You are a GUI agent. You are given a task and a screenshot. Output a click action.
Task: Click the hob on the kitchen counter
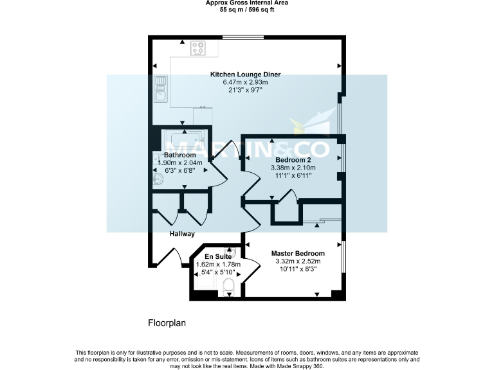(198, 48)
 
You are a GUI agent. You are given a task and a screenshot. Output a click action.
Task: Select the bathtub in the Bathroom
(184, 139)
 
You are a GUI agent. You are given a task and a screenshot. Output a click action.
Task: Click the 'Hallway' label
(182, 234)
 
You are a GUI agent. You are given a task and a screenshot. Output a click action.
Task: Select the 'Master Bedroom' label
(297, 253)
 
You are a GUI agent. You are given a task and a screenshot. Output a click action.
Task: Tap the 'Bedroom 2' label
(293, 159)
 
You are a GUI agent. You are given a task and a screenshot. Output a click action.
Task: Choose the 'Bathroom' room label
(179, 155)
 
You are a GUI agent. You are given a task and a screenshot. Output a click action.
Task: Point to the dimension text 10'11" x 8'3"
(297, 270)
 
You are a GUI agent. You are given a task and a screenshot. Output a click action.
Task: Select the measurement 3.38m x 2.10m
(293, 167)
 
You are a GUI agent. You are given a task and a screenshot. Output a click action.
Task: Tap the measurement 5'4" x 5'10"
(217, 272)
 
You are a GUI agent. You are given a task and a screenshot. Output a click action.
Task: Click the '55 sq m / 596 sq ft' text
(247, 10)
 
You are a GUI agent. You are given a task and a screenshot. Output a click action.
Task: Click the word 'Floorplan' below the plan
(167, 323)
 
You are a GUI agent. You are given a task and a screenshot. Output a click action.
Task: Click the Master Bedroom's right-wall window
(343, 260)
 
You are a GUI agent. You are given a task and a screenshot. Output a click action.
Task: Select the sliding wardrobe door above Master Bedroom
(318, 222)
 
